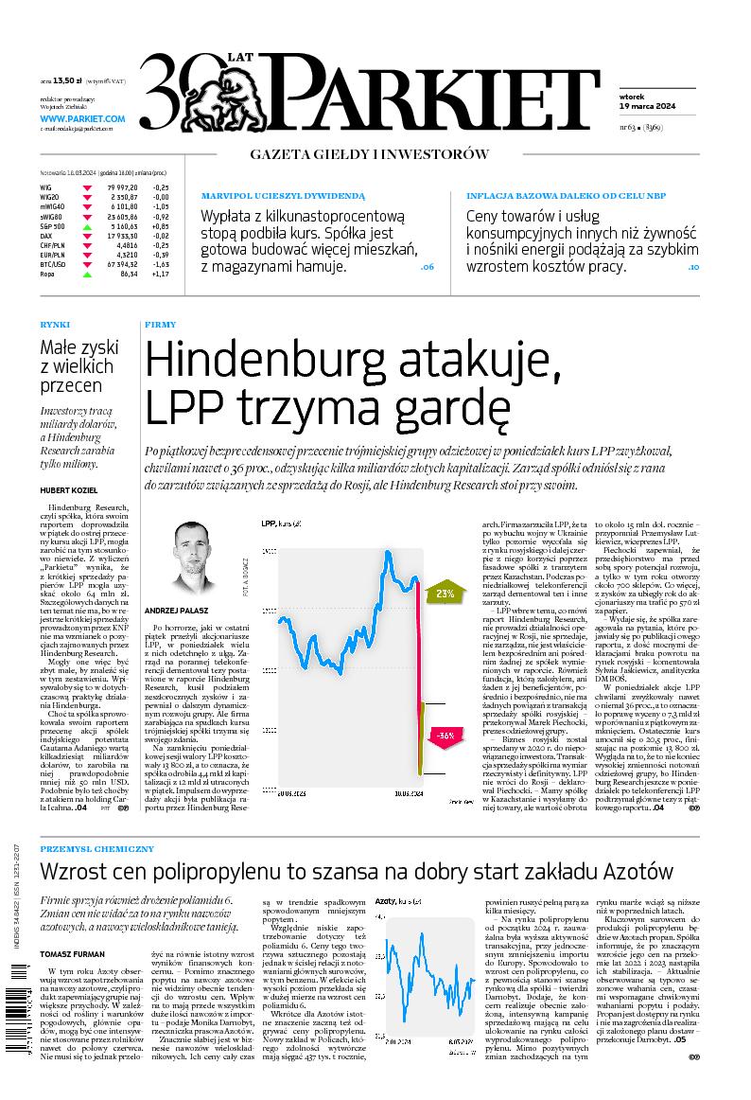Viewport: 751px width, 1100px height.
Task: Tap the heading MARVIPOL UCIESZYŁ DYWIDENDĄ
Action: (x=282, y=195)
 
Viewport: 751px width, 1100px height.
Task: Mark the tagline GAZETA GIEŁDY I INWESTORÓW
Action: (x=369, y=153)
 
